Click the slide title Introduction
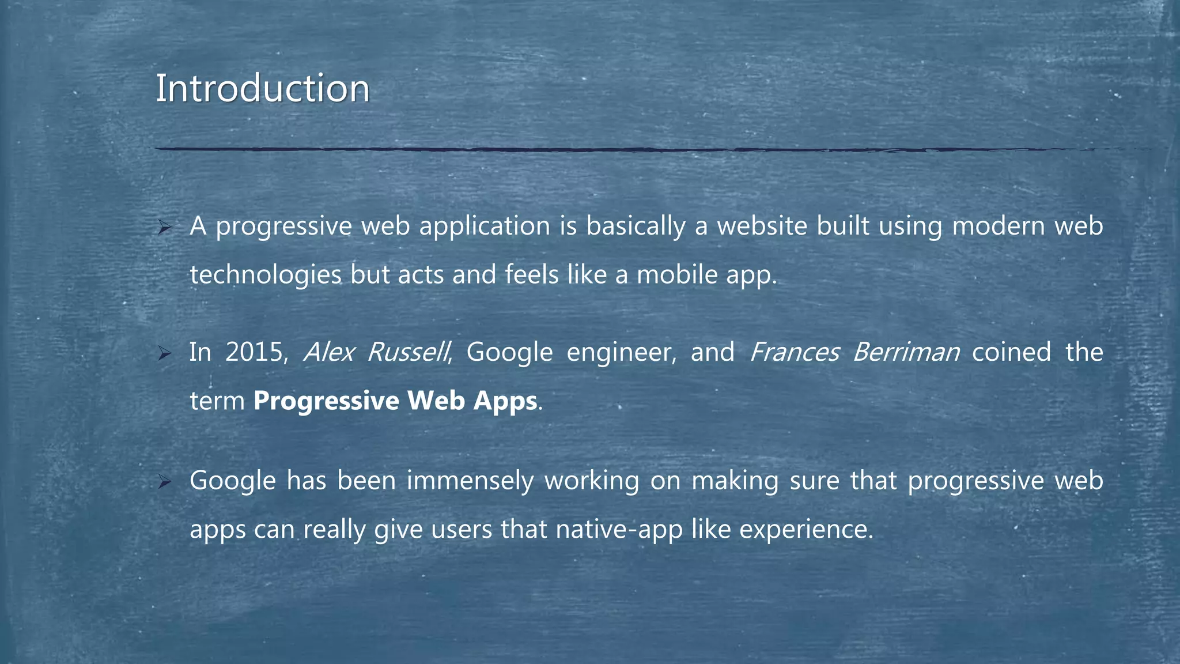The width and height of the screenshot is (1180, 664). [x=263, y=89]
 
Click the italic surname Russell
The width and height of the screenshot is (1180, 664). [x=408, y=352]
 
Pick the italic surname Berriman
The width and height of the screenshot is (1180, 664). [x=906, y=352]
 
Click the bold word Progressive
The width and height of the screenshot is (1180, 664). [x=326, y=401]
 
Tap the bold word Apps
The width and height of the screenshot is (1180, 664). [x=505, y=401]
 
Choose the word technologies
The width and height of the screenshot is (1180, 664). [x=266, y=276]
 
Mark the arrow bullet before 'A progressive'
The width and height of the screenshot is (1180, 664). [x=165, y=228]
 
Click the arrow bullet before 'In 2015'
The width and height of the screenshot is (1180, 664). [x=165, y=354]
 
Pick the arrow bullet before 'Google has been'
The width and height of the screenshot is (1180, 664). [x=165, y=482]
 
